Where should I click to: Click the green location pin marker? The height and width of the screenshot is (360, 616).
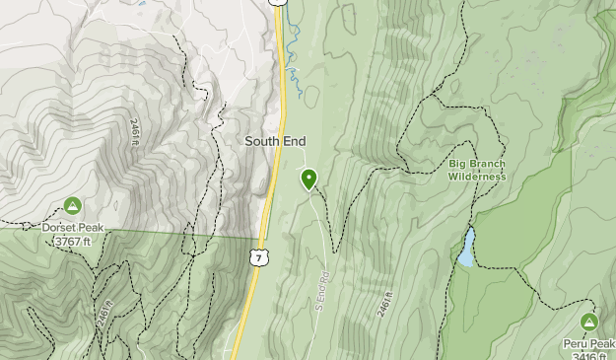pos(308,179)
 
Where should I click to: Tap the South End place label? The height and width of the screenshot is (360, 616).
pos(275,142)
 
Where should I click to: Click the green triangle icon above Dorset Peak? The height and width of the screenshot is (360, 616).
pos(72,205)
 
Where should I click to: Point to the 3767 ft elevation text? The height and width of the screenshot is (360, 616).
pos(72,240)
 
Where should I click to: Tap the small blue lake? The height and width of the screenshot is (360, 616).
pos(465,249)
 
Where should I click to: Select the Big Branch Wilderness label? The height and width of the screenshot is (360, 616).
pos(477,170)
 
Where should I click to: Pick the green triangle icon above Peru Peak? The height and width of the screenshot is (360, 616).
pos(589,322)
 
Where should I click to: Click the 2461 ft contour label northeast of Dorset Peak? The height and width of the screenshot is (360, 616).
pos(135,132)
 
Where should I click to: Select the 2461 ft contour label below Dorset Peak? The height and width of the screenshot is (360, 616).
pos(103,318)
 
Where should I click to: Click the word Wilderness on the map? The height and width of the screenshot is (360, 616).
pos(477,177)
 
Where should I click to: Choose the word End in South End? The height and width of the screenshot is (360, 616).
pos(294,142)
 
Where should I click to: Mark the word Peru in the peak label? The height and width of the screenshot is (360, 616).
pos(578,342)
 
